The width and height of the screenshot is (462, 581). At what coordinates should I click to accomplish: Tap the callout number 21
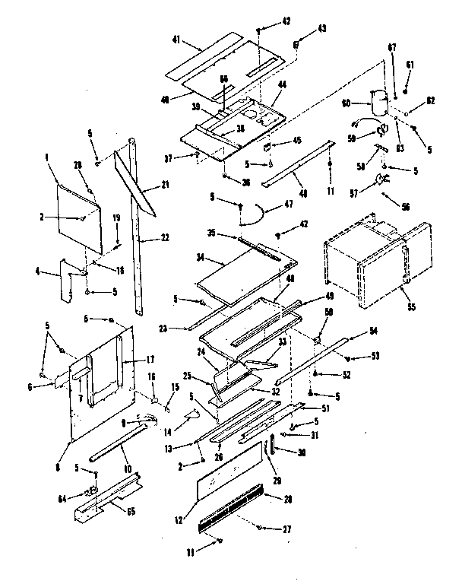click(164, 184)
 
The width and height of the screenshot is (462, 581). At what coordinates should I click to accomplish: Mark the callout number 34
click(201, 258)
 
